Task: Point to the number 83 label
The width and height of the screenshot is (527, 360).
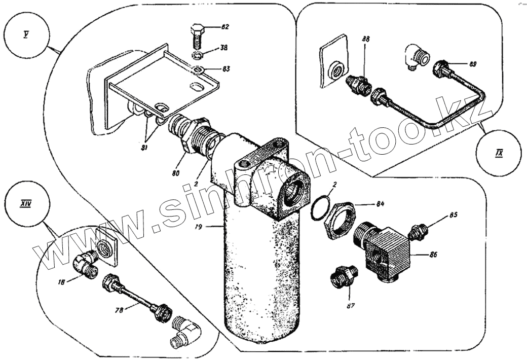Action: (x=224, y=69)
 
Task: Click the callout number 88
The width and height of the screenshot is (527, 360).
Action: (x=366, y=40)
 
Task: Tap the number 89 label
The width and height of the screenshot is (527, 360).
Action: (x=473, y=64)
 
